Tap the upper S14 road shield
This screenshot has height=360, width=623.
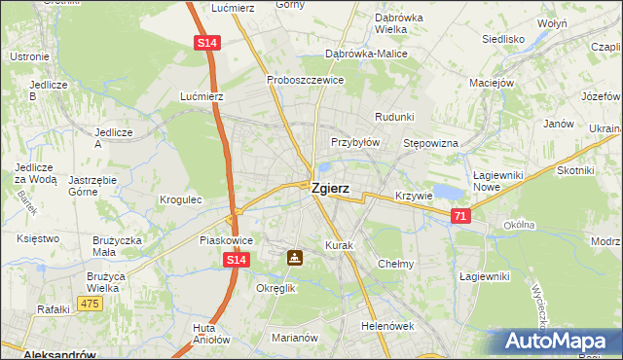(x=206, y=44)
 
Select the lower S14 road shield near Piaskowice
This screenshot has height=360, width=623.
(x=236, y=261)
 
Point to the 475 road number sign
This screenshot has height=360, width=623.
(x=91, y=305)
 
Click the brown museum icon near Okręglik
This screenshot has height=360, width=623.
(x=294, y=258)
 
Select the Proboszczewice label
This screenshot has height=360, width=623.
(x=305, y=80)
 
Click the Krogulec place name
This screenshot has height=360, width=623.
(x=180, y=199)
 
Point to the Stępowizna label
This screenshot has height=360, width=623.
(x=430, y=143)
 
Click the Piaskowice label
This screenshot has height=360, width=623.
(x=226, y=239)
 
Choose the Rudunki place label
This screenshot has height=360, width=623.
(x=394, y=116)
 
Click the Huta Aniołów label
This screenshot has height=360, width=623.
(x=211, y=334)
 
